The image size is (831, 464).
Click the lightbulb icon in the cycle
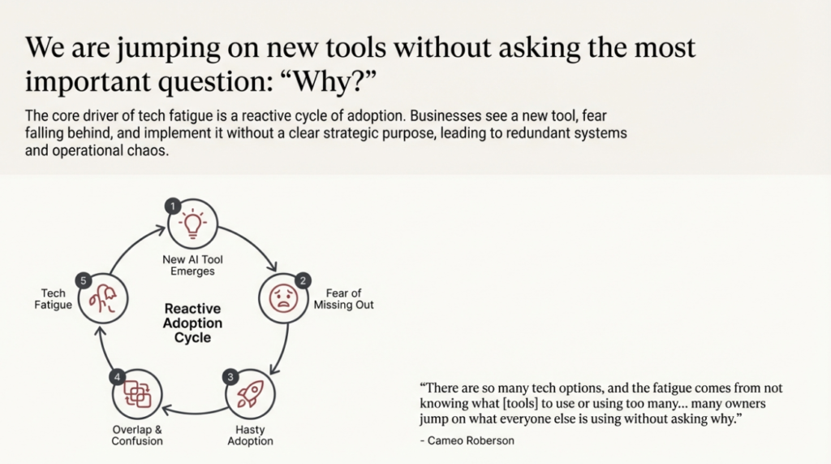[192, 223]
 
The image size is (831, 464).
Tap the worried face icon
[283, 298]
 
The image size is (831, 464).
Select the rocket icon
[248, 394]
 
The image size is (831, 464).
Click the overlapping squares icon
[136, 395]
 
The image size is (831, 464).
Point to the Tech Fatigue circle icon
[102, 298]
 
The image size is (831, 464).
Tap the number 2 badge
[303, 280]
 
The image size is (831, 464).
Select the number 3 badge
[230, 376]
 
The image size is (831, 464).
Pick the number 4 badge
[118, 376]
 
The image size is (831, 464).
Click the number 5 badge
[82, 280]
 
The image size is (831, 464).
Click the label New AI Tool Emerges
[192, 265]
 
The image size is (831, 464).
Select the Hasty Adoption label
[249, 435]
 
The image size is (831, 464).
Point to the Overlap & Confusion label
[136, 435]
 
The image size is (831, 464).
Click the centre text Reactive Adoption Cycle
[192, 323]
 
